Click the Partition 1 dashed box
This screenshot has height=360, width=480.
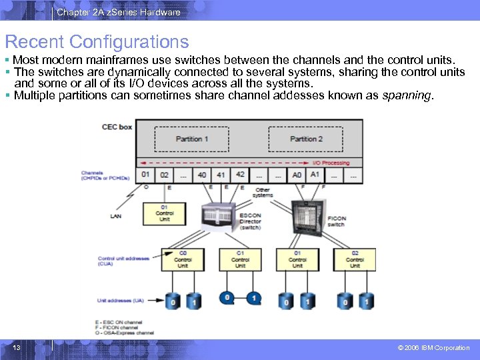pos(192,139)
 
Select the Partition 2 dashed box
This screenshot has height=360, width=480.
pos(306,139)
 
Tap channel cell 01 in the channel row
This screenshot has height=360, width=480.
pos(146,175)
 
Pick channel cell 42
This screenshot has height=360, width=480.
pos(240,175)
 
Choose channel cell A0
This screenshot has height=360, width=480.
pos(297,175)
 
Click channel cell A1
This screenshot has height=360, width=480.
pos(315,175)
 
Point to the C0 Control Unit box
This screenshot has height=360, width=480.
pos(182,259)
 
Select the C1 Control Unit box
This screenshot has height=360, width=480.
pos(240,259)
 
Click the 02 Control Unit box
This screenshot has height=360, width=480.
pos(355,259)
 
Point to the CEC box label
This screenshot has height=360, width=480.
pos(117,127)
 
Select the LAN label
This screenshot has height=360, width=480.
pos(116,216)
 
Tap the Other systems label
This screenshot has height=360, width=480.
pos(263,192)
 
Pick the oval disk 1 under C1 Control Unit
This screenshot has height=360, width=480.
pos(253,298)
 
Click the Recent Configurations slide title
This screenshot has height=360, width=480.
pos(97,42)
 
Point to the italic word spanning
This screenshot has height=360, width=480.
pos(407,95)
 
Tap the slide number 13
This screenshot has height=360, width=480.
pos(17,347)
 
